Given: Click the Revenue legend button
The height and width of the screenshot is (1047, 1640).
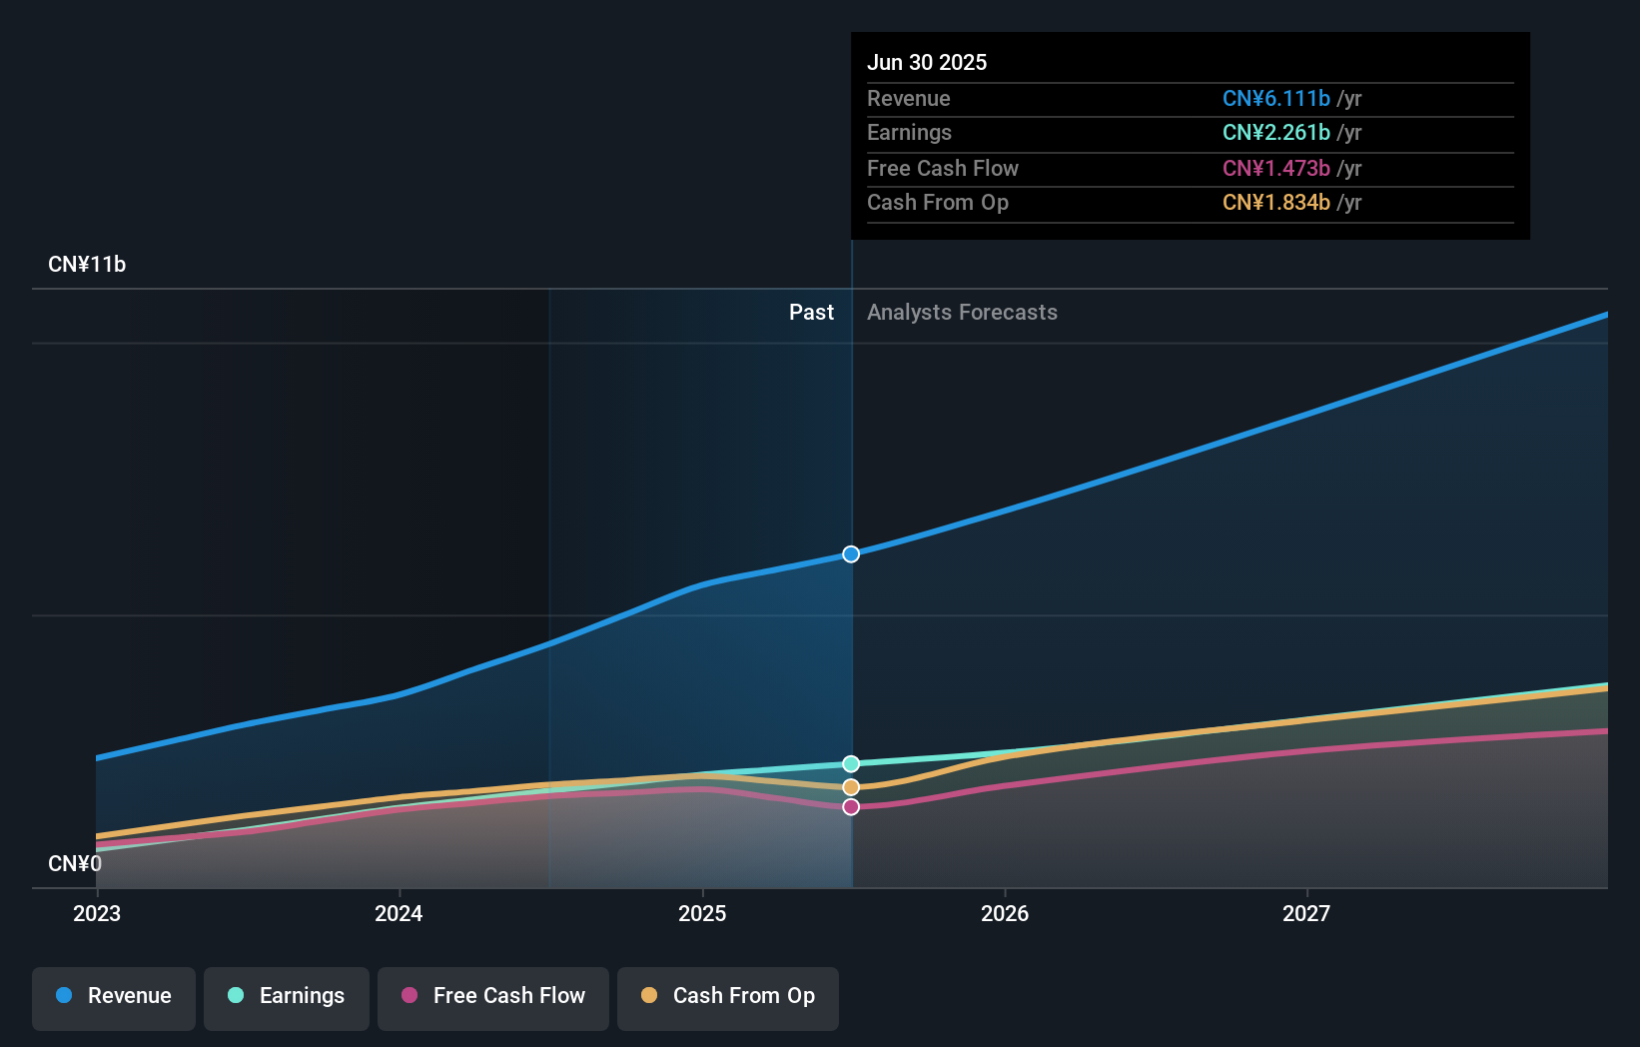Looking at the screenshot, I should [x=114, y=997].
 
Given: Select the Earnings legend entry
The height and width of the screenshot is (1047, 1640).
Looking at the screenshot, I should [x=287, y=997].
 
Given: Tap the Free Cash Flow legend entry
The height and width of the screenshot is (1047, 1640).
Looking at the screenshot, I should [x=493, y=997].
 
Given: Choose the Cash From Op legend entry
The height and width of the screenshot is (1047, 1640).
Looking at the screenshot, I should [x=728, y=997].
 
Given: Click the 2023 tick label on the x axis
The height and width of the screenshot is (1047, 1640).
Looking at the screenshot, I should [x=97, y=914].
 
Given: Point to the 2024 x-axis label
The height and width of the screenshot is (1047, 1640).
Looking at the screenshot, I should [x=399, y=914].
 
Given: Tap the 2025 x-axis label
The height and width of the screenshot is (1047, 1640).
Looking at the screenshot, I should [x=702, y=914].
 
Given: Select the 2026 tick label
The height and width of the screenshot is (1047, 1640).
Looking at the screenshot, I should [x=1005, y=914].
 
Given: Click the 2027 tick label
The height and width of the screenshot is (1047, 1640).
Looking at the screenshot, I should [x=1306, y=914].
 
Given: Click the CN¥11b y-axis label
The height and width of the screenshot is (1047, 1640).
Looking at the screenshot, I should [x=87, y=265].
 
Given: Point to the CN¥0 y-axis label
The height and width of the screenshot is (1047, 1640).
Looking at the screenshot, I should [x=75, y=864].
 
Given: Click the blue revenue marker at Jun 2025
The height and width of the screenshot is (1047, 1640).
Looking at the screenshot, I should [x=851, y=554].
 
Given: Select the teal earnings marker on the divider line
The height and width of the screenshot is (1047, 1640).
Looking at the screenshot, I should [x=851, y=764].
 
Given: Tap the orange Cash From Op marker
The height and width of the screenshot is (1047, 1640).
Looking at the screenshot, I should [x=851, y=787].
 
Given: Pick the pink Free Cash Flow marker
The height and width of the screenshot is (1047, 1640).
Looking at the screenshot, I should [x=851, y=807].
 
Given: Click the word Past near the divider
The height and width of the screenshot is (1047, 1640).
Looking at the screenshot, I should [x=811, y=313].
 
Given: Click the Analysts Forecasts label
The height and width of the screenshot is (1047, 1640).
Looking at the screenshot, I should [x=962, y=313].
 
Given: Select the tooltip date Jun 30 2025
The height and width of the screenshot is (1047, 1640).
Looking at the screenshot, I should [x=927, y=63].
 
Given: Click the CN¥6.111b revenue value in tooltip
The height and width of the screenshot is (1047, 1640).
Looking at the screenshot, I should [x=1275, y=99].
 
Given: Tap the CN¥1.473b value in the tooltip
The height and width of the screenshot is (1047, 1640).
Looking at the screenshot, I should [x=1275, y=169].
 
